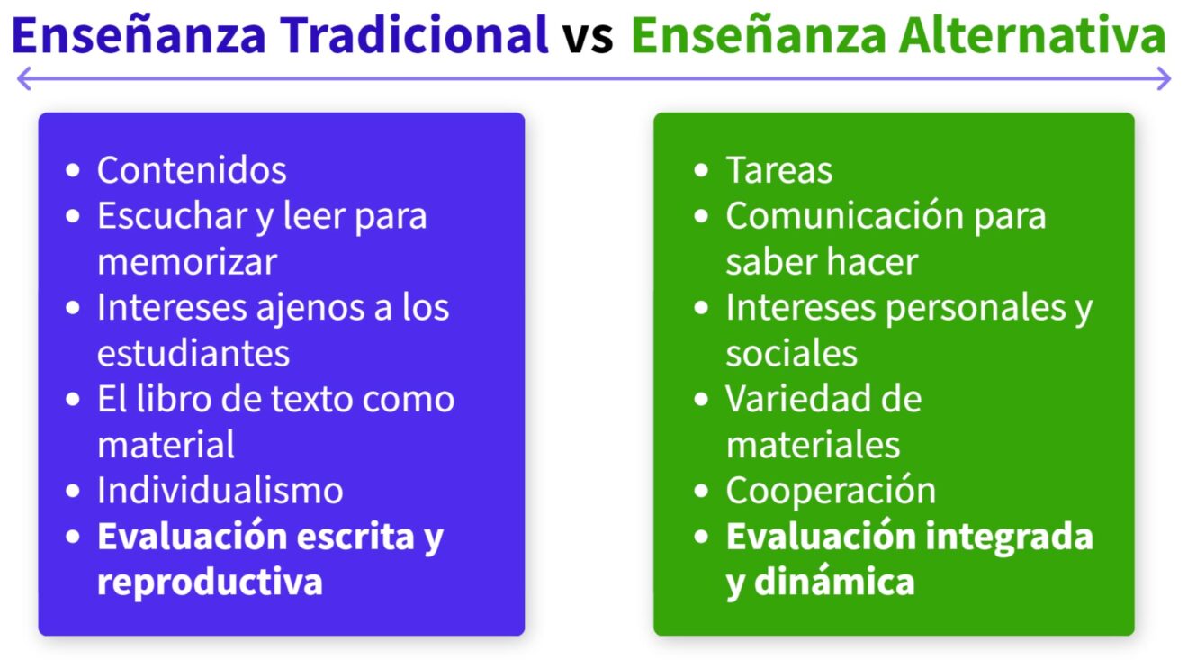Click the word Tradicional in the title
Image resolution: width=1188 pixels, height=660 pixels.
click(414, 35)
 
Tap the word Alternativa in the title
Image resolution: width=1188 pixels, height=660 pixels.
click(1032, 35)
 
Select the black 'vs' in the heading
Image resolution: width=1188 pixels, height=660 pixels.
click(589, 39)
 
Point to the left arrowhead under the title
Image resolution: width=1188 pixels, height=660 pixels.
click(24, 78)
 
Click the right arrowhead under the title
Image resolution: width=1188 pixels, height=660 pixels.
click(1164, 78)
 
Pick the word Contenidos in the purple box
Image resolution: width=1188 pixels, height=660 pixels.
click(192, 170)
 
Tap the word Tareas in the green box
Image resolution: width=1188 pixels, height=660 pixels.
click(779, 170)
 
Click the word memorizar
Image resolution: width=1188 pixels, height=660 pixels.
click(187, 262)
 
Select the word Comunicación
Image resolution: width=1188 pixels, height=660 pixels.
click(844, 216)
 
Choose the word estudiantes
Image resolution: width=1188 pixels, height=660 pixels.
click(193, 353)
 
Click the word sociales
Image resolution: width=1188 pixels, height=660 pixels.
click(791, 353)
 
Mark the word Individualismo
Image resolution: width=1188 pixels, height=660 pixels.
click(220, 490)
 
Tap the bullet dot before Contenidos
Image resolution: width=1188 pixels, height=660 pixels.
click(73, 170)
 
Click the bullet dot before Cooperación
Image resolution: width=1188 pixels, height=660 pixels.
click(701, 490)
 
